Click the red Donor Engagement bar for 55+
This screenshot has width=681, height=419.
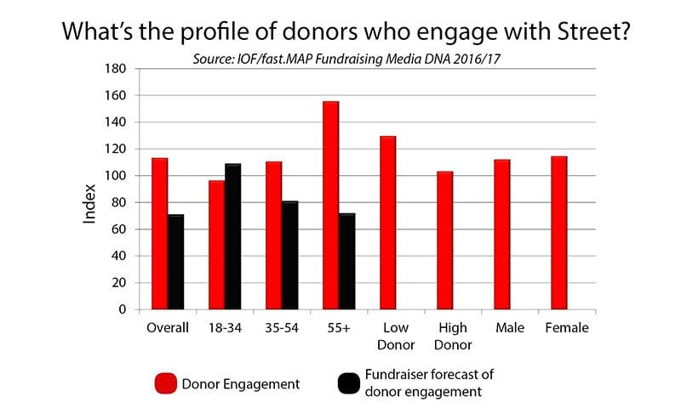pyautogui.click(x=330, y=205)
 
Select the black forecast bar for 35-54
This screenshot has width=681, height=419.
pyautogui.click(x=289, y=255)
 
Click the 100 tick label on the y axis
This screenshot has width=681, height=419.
pyautogui.click(x=114, y=176)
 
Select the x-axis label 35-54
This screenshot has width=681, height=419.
pyautogui.click(x=281, y=328)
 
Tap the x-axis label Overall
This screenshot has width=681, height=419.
pyautogui.click(x=167, y=328)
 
